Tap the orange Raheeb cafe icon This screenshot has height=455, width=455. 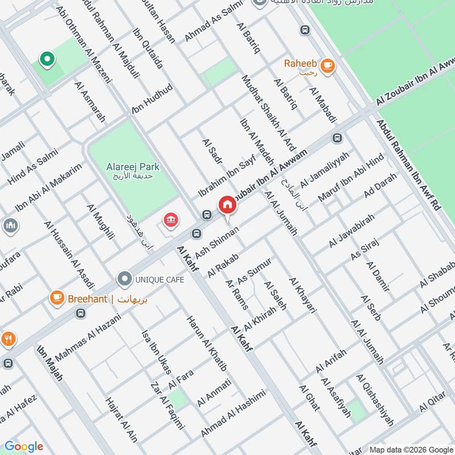pos(327,67)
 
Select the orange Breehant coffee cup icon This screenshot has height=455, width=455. pos(57,298)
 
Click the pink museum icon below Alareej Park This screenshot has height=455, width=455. pos(169,220)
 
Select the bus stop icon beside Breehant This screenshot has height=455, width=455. pos(81,313)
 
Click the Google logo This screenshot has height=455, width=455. pos(24,446)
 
